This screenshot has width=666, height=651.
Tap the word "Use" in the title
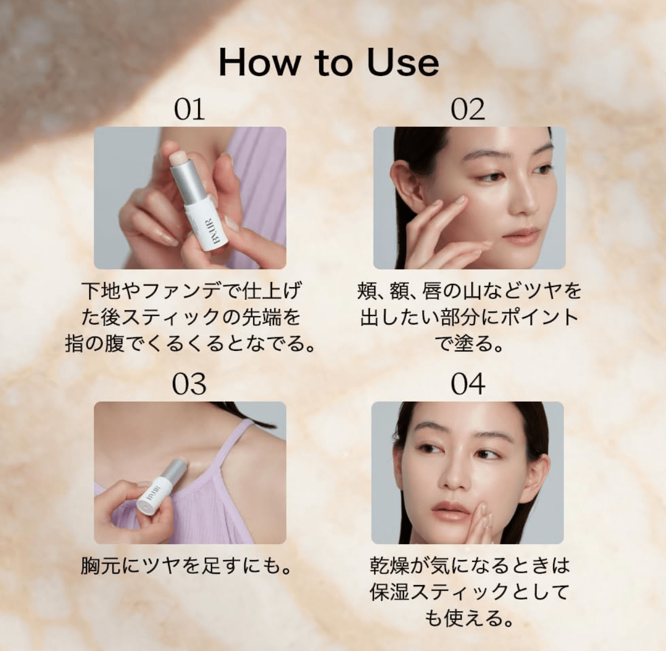click(403, 63)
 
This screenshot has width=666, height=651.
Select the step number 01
click(189, 110)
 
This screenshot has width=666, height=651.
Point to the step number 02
click(468, 110)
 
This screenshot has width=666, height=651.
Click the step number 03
click(189, 384)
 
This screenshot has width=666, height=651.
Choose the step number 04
click(468, 384)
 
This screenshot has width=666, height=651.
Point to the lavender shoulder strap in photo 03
click(238, 449)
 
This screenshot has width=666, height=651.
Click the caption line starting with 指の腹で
click(190, 344)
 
